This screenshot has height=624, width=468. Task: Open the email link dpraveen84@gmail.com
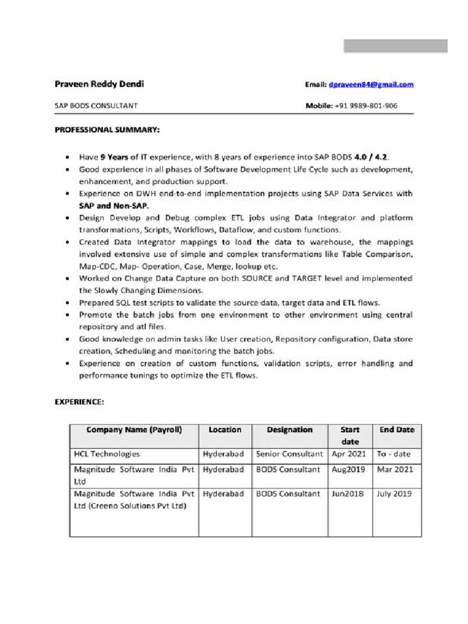pyautogui.click(x=371, y=85)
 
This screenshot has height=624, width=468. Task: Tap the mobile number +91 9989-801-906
pyautogui.click(x=366, y=105)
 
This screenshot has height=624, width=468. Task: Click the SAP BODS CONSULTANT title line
pyautogui.click(x=96, y=105)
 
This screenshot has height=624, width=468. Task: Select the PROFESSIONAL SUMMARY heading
pyautogui.click(x=107, y=130)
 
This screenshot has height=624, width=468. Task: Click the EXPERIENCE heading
pyautogui.click(x=79, y=402)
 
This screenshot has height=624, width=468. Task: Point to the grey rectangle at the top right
pyautogui.click(x=395, y=46)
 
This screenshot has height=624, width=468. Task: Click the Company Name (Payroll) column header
pyautogui.click(x=134, y=430)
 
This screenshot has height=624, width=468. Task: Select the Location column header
pyautogui.click(x=225, y=430)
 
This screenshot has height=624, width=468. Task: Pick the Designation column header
pyautogui.click(x=289, y=430)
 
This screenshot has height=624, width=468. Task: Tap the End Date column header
pyautogui.click(x=397, y=430)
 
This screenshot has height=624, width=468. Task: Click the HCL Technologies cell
pyautogui.click(x=107, y=454)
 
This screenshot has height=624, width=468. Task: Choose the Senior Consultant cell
pyautogui.click(x=289, y=454)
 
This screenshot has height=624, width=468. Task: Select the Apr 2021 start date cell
pyautogui.click(x=349, y=454)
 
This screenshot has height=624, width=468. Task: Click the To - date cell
pyautogui.click(x=394, y=454)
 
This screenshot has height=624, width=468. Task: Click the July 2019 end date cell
pyautogui.click(x=394, y=494)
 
